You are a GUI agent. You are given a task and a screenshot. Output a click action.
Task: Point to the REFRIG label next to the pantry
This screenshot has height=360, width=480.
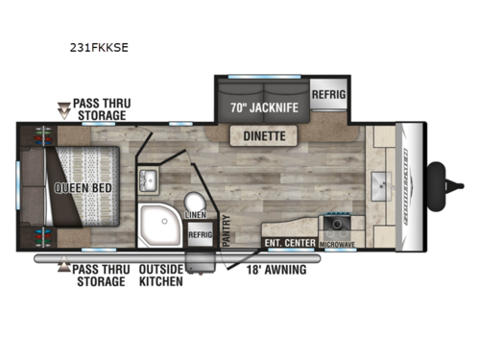click(x=200, y=234)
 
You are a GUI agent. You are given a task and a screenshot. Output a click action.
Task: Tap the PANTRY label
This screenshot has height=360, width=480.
click(x=227, y=235)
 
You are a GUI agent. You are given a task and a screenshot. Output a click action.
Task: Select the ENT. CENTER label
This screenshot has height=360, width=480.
click(x=290, y=243)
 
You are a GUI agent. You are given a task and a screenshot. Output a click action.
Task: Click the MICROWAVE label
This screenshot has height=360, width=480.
click(x=338, y=244)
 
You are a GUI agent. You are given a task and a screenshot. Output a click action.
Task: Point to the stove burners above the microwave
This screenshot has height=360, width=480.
click(x=337, y=228)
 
